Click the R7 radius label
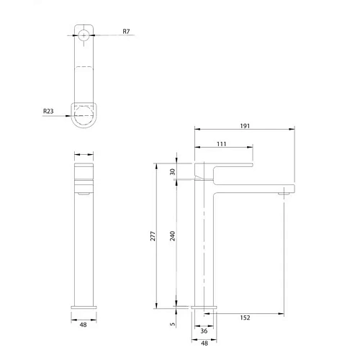coord(126,32)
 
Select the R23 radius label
coord(49,112)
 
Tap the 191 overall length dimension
coord(245,125)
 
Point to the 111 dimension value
coord(222,145)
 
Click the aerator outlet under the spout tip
coord(285,192)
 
